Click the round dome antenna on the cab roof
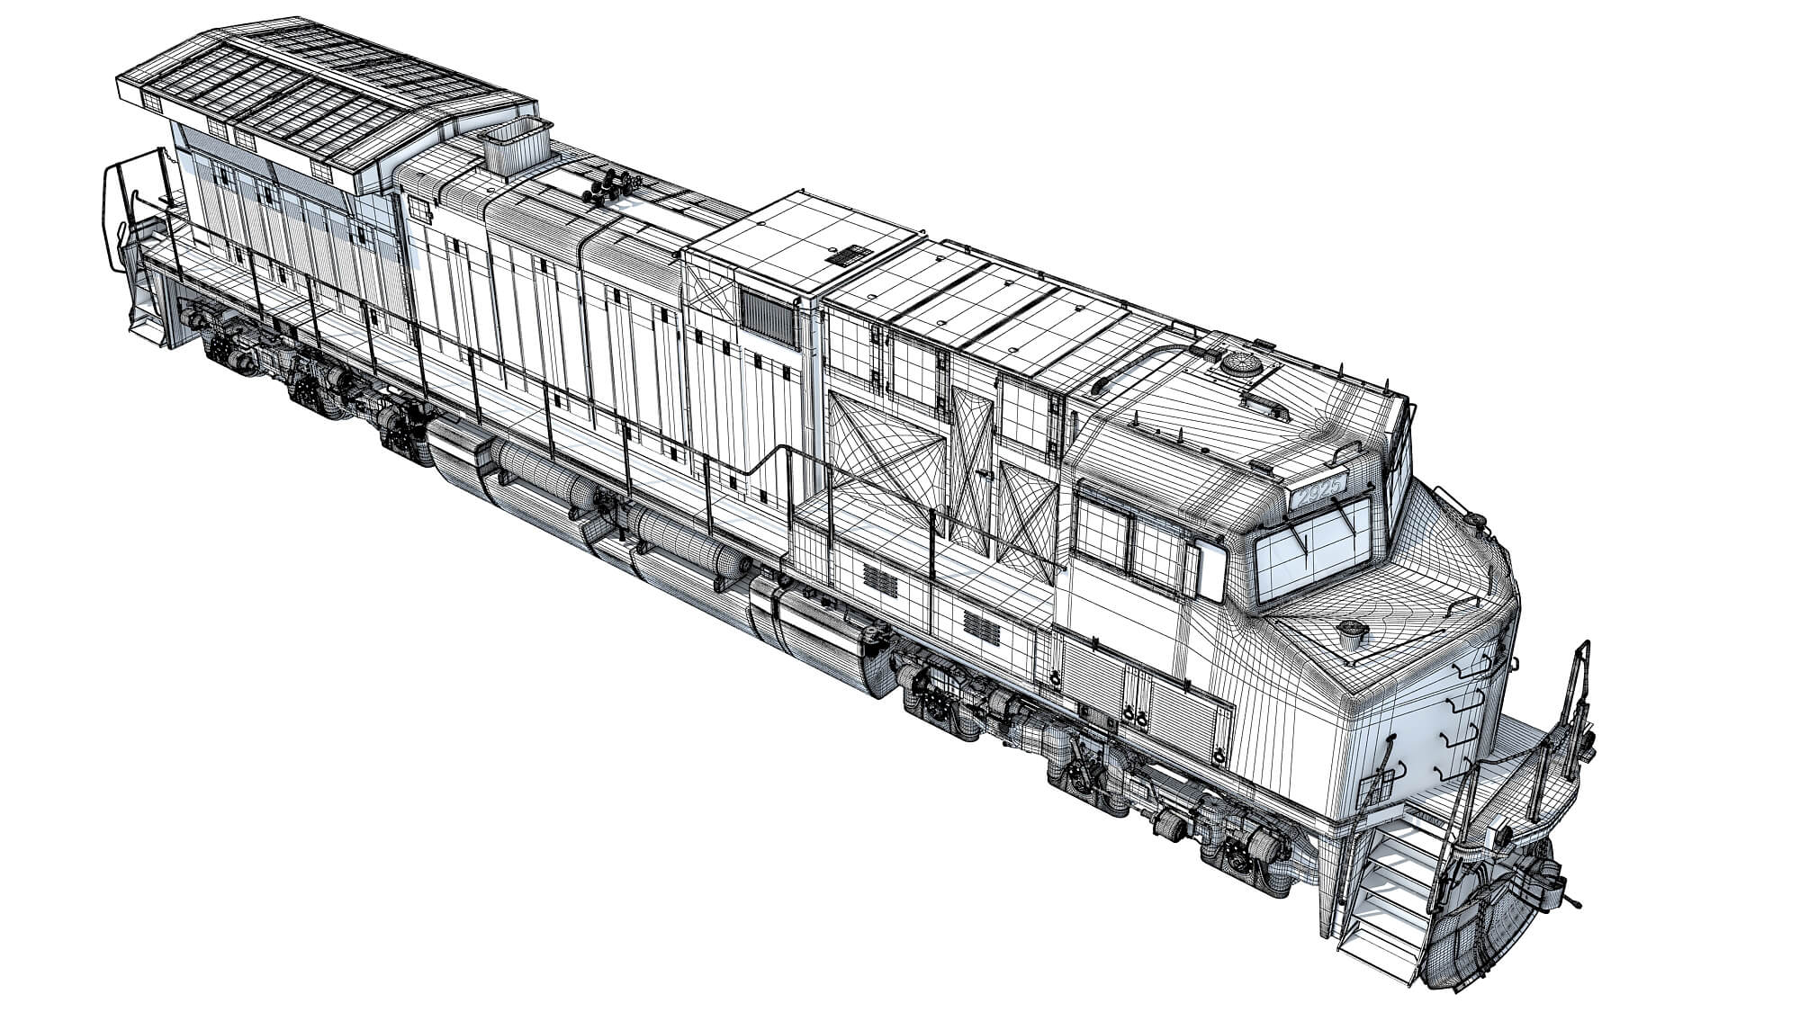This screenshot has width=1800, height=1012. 1242,364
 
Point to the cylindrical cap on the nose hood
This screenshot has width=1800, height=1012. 1351,631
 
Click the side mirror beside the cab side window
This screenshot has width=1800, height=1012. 1211,572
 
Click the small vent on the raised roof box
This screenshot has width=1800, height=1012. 846,255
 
